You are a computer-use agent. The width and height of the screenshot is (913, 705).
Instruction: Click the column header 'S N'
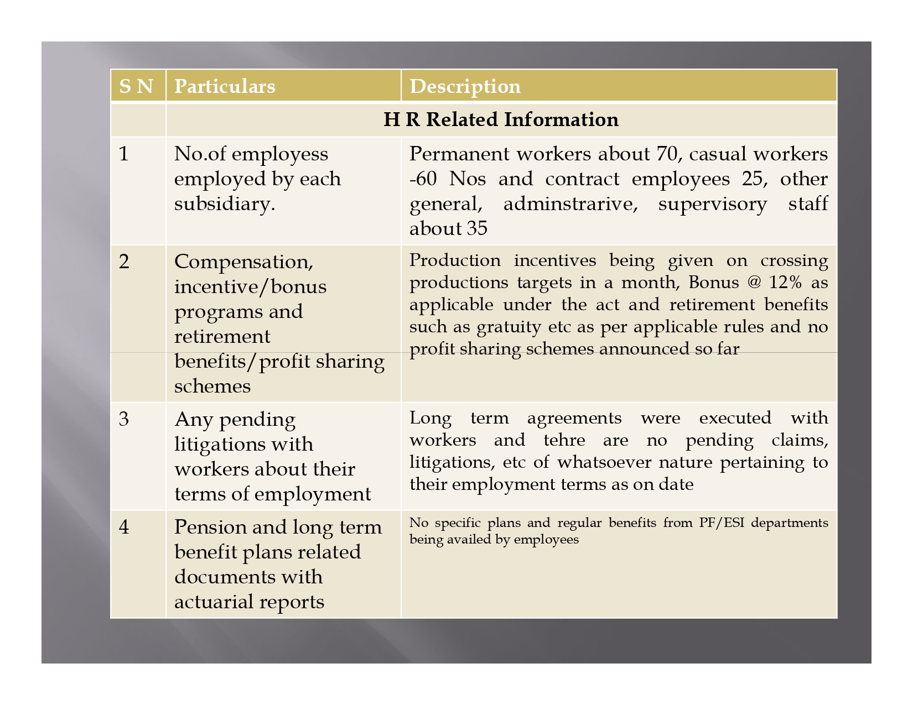coord(136,86)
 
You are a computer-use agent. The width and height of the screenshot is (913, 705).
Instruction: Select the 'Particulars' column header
coord(225,86)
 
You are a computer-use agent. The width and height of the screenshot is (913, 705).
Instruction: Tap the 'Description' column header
coord(465,86)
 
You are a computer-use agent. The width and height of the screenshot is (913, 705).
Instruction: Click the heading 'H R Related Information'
coord(501,119)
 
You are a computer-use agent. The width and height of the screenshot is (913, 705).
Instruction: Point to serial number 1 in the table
coord(124,154)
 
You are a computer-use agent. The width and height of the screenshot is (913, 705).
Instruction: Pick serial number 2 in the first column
coord(124,262)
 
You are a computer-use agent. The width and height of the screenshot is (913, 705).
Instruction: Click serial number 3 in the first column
coord(124,419)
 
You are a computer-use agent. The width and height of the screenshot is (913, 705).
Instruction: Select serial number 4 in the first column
coord(124,527)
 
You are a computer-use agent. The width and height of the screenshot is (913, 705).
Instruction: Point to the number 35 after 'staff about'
coord(476,229)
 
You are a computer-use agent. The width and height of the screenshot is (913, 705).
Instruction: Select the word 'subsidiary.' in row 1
coord(225,204)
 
